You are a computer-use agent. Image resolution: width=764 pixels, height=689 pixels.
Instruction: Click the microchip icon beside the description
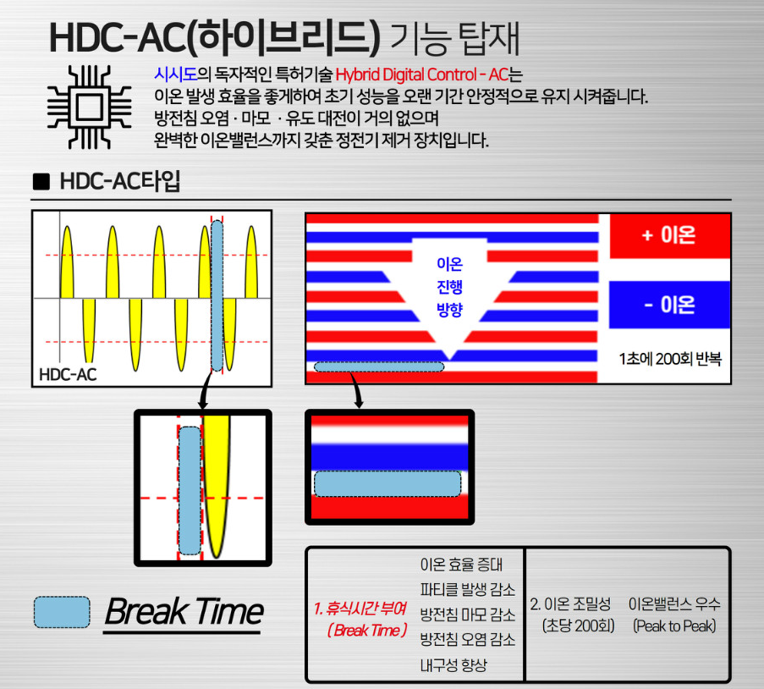pyautogui.click(x=89, y=107)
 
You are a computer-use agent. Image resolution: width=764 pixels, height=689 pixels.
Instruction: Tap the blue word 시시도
pyautogui.click(x=175, y=74)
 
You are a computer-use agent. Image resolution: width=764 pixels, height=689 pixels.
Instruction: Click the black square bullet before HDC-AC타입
pyautogui.click(x=41, y=181)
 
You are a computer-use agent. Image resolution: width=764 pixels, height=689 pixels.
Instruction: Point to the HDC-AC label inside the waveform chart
pyautogui.click(x=68, y=374)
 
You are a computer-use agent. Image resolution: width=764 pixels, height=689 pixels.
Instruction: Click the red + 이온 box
pyautogui.click(x=670, y=235)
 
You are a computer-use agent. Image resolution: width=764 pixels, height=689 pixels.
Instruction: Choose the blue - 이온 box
pyautogui.click(x=669, y=305)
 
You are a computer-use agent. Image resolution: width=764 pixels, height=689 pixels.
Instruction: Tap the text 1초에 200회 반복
pyautogui.click(x=670, y=359)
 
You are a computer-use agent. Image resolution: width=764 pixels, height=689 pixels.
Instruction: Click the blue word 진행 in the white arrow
pyautogui.click(x=449, y=286)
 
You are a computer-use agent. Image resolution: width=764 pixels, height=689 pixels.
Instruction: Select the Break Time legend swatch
pyautogui.click(x=62, y=612)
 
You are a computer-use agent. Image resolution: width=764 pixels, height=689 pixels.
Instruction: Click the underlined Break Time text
pyautogui.click(x=184, y=611)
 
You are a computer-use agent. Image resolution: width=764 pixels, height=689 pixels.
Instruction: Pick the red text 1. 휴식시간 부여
pyautogui.click(x=360, y=608)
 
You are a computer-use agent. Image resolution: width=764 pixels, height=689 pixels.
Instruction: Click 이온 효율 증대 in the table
pyautogui.click(x=461, y=565)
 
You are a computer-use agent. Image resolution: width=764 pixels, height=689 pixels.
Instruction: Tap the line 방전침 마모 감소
pyautogui.click(x=468, y=615)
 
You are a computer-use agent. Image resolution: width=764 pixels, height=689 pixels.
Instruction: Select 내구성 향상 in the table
pyautogui.click(x=453, y=665)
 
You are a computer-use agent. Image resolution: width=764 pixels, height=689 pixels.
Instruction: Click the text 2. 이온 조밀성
pyautogui.click(x=570, y=604)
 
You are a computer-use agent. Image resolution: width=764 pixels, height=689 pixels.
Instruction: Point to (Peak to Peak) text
pyautogui.click(x=674, y=626)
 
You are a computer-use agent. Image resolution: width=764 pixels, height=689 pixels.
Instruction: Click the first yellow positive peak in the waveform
pyautogui.click(x=67, y=262)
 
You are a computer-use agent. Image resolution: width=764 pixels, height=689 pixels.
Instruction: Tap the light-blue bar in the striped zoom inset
pyautogui.click(x=387, y=483)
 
